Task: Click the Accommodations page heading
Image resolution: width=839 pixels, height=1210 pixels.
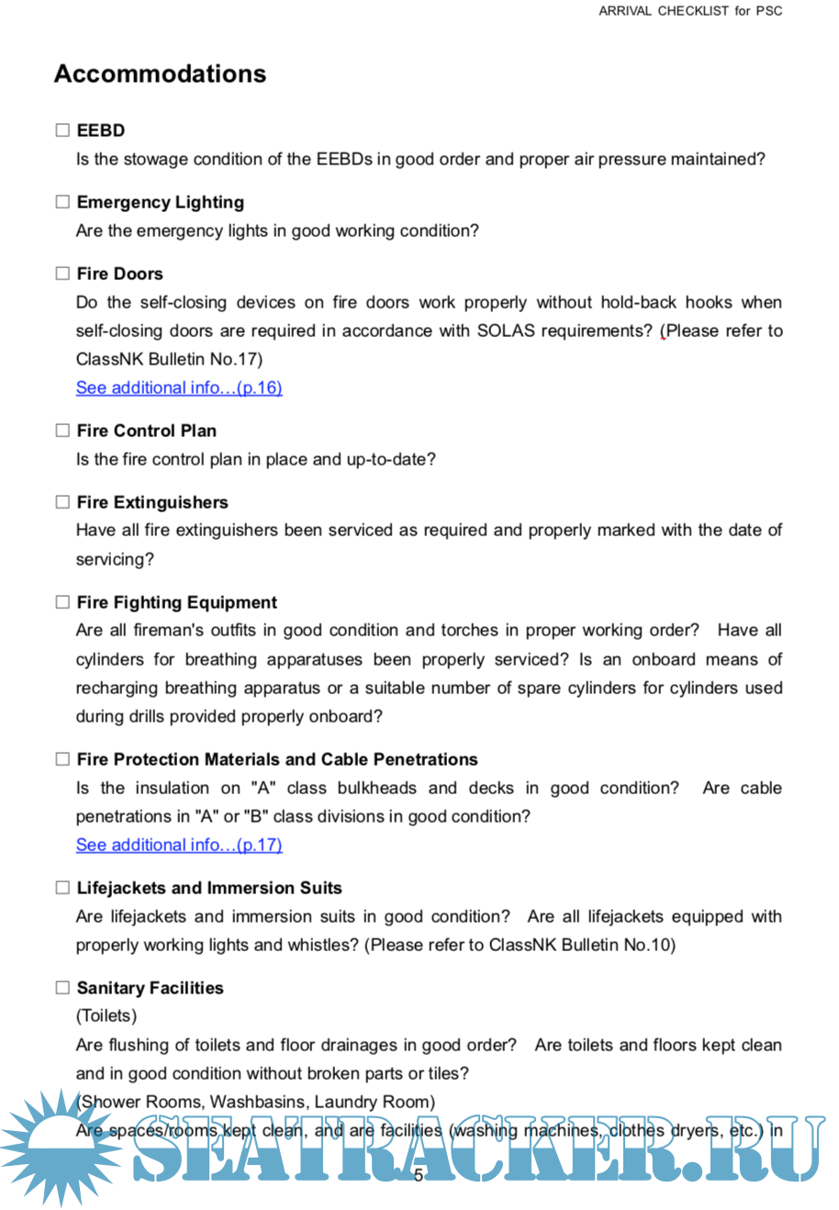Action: click(x=160, y=73)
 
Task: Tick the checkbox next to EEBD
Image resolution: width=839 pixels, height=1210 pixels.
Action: click(x=62, y=130)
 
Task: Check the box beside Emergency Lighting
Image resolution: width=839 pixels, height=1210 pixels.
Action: click(x=62, y=202)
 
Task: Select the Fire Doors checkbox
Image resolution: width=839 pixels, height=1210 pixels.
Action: click(x=62, y=274)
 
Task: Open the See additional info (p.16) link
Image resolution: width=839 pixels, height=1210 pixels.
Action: click(x=179, y=387)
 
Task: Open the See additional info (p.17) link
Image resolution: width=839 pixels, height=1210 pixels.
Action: click(x=179, y=845)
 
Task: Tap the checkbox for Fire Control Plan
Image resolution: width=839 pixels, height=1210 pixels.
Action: click(x=62, y=431)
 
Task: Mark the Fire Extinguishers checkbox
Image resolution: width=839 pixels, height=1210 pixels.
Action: click(x=62, y=502)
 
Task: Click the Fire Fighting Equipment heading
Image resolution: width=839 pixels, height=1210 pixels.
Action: click(x=177, y=602)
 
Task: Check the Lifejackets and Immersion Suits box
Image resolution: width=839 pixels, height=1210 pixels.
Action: click(x=62, y=888)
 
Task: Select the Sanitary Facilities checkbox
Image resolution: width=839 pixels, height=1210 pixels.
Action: click(x=62, y=988)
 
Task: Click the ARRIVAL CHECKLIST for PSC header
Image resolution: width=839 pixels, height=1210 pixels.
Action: click(x=690, y=11)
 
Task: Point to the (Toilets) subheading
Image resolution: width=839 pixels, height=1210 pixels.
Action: click(x=106, y=1015)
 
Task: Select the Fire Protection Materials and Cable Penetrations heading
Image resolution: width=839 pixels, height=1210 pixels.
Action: click(x=277, y=759)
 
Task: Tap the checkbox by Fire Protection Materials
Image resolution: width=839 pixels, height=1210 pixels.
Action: click(x=62, y=759)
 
